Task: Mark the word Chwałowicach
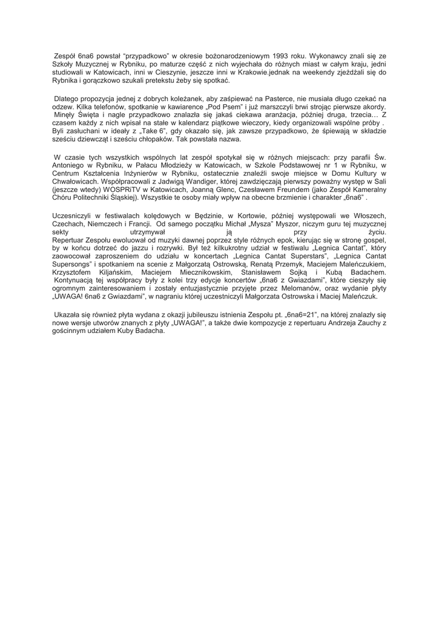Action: point(76,180)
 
